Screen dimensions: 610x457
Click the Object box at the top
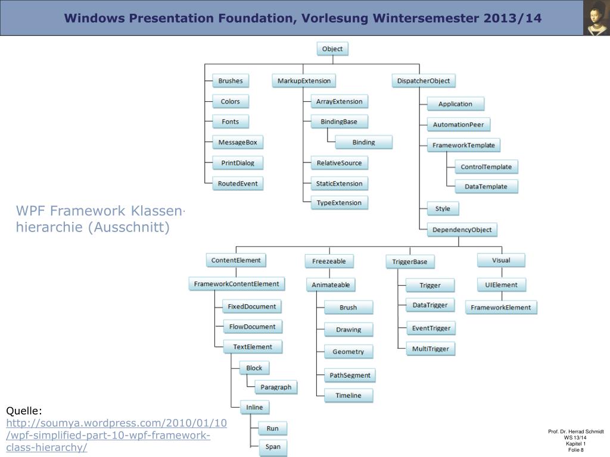coord(332,49)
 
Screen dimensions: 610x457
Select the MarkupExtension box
coord(304,81)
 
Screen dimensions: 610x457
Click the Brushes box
coord(231,81)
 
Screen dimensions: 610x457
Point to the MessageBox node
coord(238,142)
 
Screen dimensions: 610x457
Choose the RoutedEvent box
coord(238,183)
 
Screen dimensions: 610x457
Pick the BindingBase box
coord(339,121)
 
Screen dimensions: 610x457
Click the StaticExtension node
coord(339,183)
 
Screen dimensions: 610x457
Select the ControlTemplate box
coord(486,167)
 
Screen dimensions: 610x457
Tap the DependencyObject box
coord(462,230)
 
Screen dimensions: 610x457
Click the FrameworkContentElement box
coord(236,284)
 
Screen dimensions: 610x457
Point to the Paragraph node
coord(276,387)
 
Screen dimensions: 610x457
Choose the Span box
coord(273,447)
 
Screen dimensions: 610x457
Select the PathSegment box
coord(350,375)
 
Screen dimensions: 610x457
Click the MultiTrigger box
coord(430,349)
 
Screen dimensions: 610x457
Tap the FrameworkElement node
coord(500,307)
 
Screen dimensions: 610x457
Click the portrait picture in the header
coord(596,18)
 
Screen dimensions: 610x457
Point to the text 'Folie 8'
coord(575,450)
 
